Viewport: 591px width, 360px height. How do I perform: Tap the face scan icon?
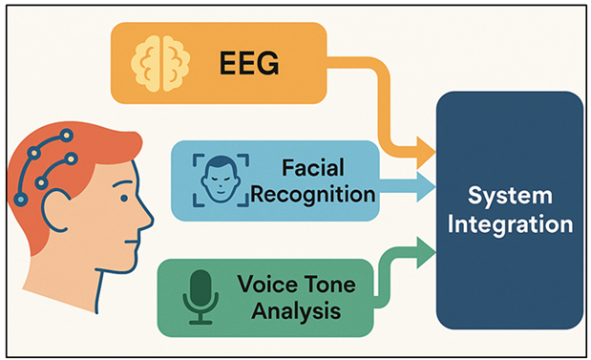tap(221, 180)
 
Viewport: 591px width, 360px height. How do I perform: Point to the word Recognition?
tap(313, 195)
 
